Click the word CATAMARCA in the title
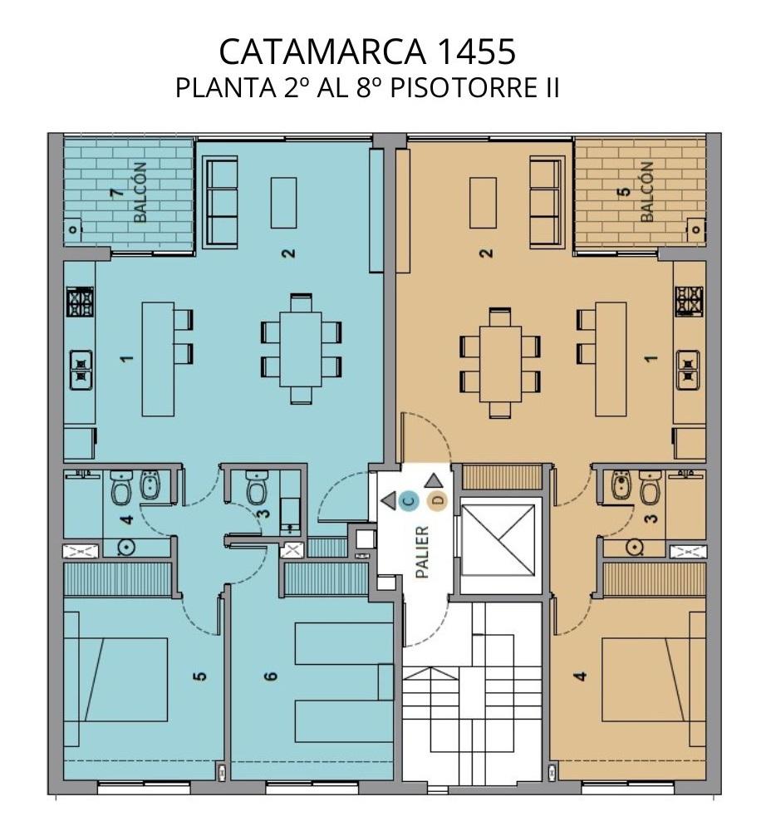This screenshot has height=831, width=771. tap(322, 52)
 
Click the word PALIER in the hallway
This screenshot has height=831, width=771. tap(422, 552)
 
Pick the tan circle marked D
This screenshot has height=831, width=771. tap(438, 500)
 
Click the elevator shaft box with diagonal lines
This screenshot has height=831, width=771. tap(498, 540)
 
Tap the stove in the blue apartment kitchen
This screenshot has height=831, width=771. tap(80, 302)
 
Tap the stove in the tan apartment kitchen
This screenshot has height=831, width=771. tap(690, 302)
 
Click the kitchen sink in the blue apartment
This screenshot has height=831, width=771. tap(81, 370)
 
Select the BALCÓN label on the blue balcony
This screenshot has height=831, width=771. tap(140, 192)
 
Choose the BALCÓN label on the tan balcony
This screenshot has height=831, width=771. tap(647, 192)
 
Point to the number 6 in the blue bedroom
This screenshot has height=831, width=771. tap(271, 676)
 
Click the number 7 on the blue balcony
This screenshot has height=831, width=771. tap(116, 192)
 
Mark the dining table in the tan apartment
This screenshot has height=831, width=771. tap(500, 364)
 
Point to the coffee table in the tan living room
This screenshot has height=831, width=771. tap(484, 203)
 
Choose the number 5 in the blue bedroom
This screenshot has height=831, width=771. tap(200, 676)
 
